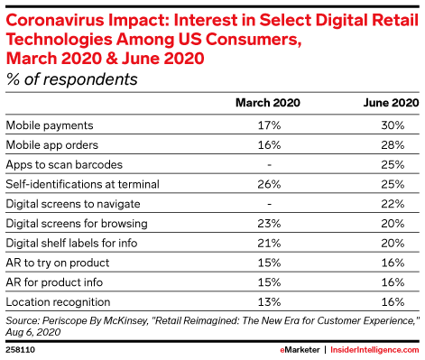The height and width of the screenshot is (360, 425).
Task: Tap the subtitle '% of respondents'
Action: [x=72, y=79]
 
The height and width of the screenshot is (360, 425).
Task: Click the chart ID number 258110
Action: [x=20, y=347]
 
